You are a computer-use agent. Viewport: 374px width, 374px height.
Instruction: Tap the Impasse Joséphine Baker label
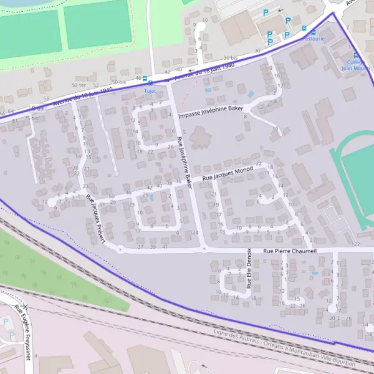(x=210, y=112)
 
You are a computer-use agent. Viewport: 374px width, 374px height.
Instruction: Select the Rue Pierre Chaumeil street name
(x=290, y=251)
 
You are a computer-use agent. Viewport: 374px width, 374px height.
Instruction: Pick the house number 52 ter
(x=79, y=85)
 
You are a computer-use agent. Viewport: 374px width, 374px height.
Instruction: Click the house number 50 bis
(x=118, y=82)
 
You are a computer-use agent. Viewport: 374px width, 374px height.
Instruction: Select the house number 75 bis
(x=31, y=118)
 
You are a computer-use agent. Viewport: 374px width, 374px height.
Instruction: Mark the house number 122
(x=356, y=244)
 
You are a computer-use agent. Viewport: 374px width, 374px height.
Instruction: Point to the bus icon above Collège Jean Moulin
(x=357, y=55)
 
